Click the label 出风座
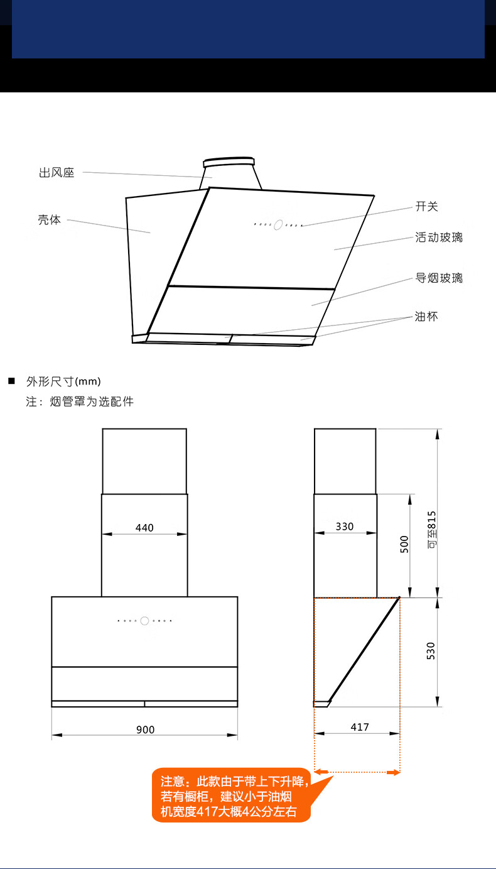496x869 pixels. click(x=57, y=173)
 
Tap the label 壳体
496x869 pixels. click(x=49, y=219)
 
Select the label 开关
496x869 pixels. click(x=427, y=206)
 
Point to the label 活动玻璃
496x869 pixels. click(x=439, y=237)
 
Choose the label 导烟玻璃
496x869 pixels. click(x=439, y=278)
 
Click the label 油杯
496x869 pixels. click(x=426, y=316)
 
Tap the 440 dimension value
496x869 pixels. click(x=144, y=528)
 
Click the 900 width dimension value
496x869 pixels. click(x=145, y=730)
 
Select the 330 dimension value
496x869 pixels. click(x=345, y=527)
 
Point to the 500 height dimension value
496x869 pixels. click(x=404, y=544)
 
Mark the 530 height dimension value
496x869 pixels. click(x=431, y=651)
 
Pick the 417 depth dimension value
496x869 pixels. click(x=360, y=727)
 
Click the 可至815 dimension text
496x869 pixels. click(x=432, y=530)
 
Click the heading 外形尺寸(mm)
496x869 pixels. click(x=63, y=381)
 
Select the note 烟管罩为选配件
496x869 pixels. click(x=92, y=401)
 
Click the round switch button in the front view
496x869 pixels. click(x=144, y=621)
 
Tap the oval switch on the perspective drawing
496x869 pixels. click(x=278, y=224)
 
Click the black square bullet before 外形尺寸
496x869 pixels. click(x=12, y=381)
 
